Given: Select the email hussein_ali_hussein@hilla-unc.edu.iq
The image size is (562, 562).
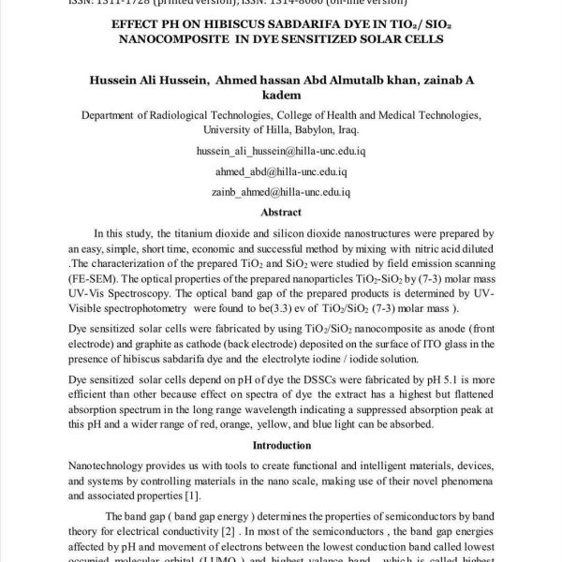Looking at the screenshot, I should coord(281,150).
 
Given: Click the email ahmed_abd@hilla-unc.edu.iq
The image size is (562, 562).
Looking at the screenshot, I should coord(282,172).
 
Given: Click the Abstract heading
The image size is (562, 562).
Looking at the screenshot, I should coord(281,213).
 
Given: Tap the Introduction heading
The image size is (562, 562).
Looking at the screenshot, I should coord(281,445).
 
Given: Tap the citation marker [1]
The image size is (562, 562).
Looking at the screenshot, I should coord(192,495).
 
